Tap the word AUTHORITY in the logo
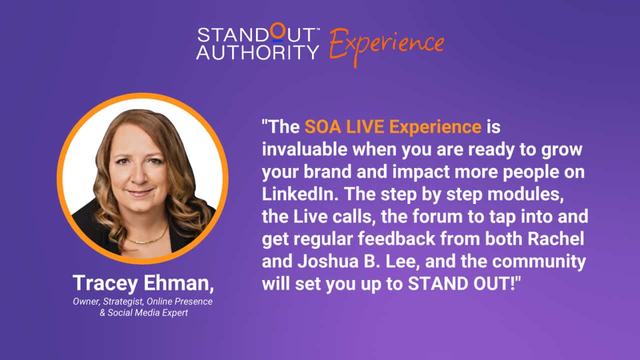pos(257,51)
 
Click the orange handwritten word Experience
pos(386,44)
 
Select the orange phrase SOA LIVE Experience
pos(392,127)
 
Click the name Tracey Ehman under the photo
pos(143,283)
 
